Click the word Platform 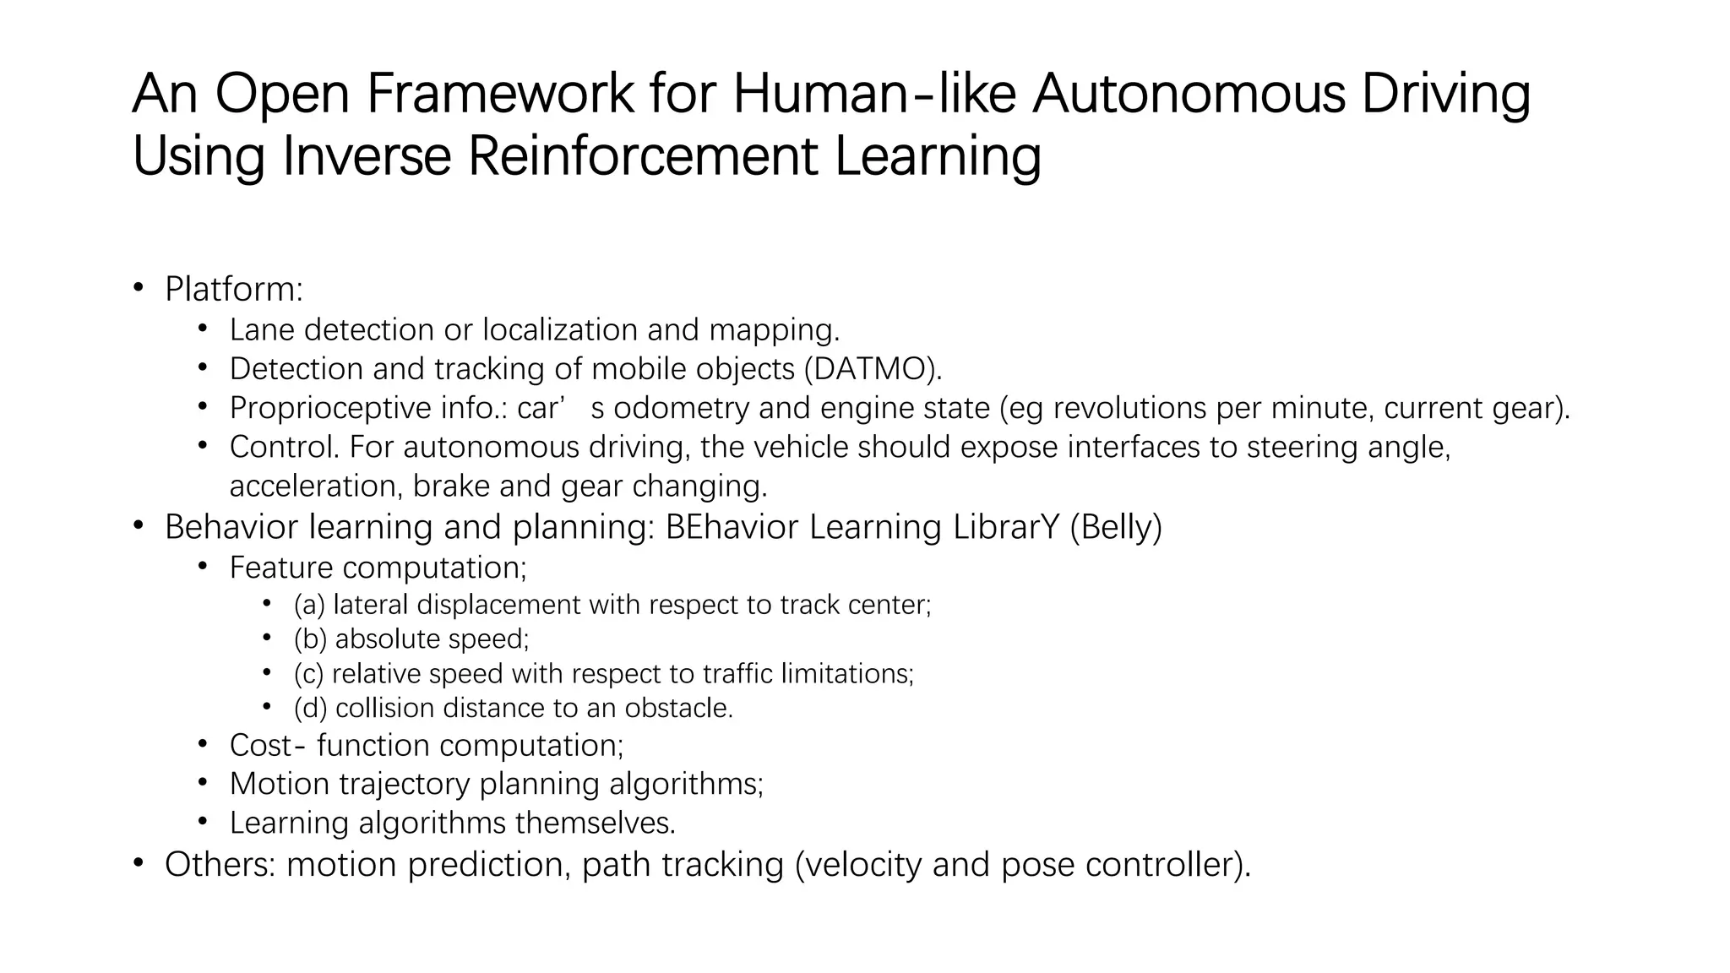(x=232, y=290)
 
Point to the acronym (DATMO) (x=873, y=369)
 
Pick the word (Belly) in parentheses (x=1115, y=527)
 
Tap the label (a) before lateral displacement (x=309, y=605)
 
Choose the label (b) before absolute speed (x=310, y=639)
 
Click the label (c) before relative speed (x=309, y=674)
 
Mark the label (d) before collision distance (x=310, y=708)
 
